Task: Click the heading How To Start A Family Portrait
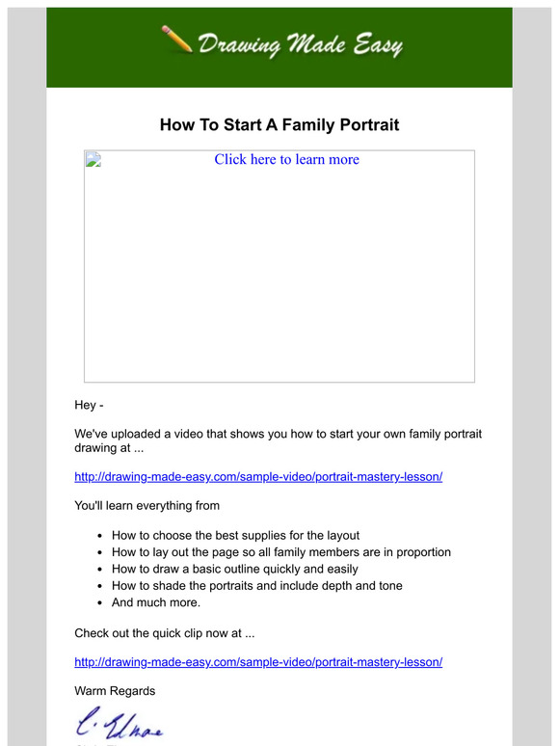click(279, 125)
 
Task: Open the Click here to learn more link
click(286, 160)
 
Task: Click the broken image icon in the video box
click(93, 160)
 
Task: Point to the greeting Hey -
click(89, 405)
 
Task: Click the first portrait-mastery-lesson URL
click(258, 476)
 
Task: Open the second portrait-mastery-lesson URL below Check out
click(258, 662)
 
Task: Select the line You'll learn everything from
click(146, 505)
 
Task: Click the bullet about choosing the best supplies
click(249, 535)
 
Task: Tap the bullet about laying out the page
click(280, 552)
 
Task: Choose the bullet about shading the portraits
click(256, 585)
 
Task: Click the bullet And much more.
click(156, 602)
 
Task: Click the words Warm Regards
click(115, 691)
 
